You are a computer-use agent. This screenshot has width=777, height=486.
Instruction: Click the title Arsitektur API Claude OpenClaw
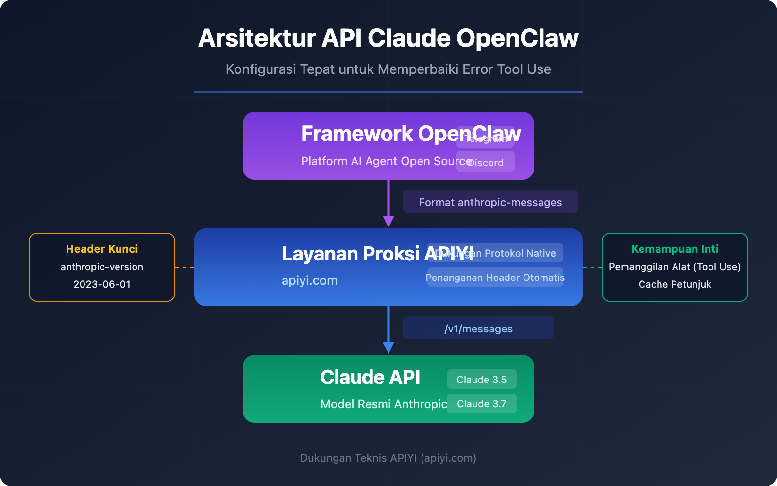point(388,38)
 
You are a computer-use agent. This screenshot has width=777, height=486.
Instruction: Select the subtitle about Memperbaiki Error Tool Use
point(388,69)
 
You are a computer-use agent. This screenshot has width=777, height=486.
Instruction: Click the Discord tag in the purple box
point(486,163)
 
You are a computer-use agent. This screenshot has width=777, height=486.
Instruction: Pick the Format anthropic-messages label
point(490,202)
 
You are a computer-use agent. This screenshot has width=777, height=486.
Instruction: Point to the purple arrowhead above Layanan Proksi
point(388,221)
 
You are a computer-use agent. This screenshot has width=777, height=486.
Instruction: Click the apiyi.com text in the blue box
point(309,280)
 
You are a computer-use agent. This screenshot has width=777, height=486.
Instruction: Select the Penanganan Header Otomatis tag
point(495,278)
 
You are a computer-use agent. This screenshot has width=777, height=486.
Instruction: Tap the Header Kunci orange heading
point(102,249)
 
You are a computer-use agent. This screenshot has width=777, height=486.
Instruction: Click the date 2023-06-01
point(102,284)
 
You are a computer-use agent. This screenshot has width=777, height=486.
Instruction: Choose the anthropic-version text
point(102,267)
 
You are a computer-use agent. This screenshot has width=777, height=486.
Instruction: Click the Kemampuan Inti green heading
point(675,249)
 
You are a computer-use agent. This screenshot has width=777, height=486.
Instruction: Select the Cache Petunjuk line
point(675,284)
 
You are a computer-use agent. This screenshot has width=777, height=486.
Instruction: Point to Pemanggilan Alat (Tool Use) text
point(675,267)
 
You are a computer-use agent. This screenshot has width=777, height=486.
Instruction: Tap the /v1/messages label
point(478,329)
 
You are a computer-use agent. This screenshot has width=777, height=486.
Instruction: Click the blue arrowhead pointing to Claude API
point(388,347)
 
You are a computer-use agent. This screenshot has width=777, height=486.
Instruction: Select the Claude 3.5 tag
point(481,380)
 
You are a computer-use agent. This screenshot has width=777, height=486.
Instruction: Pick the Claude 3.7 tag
point(481,404)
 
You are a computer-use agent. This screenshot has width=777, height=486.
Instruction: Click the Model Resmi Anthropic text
point(384,404)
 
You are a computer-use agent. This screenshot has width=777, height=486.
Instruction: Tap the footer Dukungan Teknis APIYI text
point(388,458)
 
